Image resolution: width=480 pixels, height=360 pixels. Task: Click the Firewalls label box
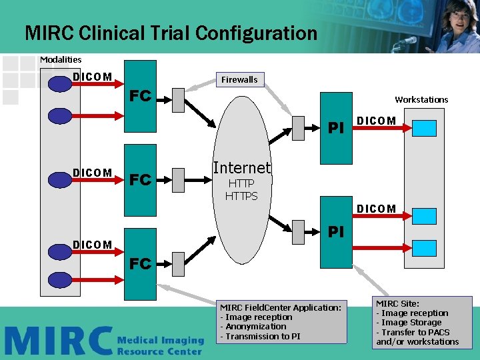(x=239, y=79)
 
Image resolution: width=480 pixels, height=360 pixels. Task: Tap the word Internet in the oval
(x=242, y=168)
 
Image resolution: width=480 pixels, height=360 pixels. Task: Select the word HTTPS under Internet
(x=241, y=196)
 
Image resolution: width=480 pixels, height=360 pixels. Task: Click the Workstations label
(x=421, y=99)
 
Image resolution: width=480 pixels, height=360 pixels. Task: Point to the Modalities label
(x=61, y=59)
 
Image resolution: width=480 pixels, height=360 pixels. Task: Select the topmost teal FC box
(x=141, y=95)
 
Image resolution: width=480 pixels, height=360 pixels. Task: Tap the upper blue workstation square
(x=424, y=128)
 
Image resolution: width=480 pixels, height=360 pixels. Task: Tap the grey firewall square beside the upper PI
(x=301, y=126)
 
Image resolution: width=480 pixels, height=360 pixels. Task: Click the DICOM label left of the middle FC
(x=92, y=173)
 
